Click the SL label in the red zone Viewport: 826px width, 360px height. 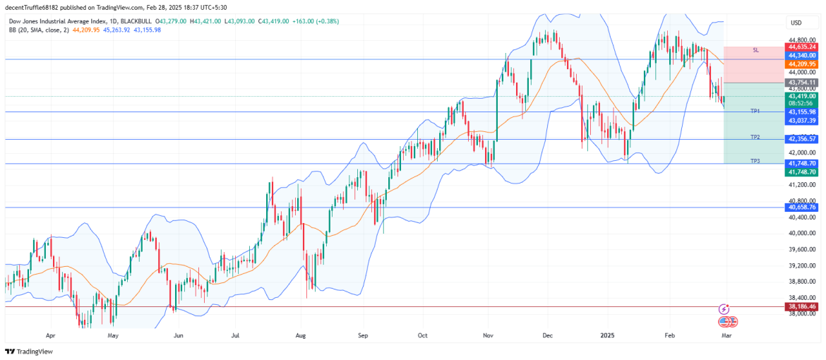755,50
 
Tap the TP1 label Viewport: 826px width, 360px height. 755,111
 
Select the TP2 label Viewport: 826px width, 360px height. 755,137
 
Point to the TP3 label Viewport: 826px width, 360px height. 755,161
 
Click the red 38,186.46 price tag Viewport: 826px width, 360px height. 802,307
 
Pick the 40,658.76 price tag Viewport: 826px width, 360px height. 802,208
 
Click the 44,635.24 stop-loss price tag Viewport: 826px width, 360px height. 802,47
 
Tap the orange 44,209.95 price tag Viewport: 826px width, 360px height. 802,64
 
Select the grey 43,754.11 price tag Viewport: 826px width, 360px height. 802,83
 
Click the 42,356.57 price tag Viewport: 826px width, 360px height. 802,139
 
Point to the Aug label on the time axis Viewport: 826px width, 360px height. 301,337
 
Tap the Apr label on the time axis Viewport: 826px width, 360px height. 50,337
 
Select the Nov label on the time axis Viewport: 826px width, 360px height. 488,337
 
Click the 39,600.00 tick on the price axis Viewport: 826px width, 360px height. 802,249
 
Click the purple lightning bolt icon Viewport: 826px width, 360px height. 724,308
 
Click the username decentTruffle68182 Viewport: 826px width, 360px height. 31,6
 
